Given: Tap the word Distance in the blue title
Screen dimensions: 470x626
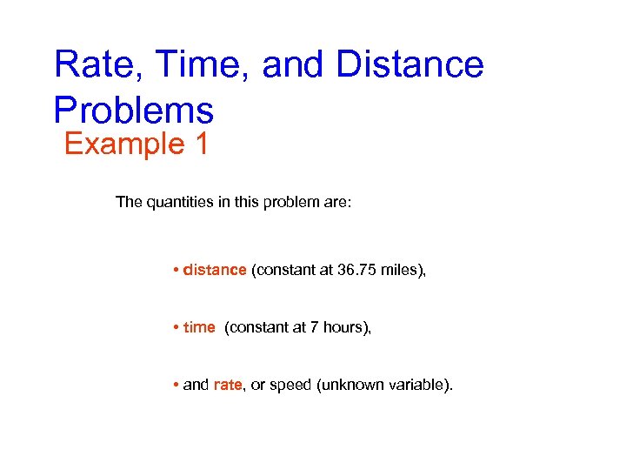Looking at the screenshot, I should [410, 65].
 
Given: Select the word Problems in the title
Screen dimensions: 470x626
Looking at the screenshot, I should [133, 111].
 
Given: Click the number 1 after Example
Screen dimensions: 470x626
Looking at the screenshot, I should [201, 143].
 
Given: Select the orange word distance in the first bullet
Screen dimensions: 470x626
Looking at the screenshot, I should [215, 270].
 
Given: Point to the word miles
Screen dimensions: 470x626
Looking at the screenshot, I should [401, 270].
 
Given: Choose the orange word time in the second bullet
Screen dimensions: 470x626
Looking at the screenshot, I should [199, 327].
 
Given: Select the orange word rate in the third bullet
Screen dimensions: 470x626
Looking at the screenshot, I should [227, 385].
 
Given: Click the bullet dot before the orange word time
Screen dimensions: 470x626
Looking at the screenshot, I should [176, 327].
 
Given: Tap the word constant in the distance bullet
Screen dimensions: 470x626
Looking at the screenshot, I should [279, 270].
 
